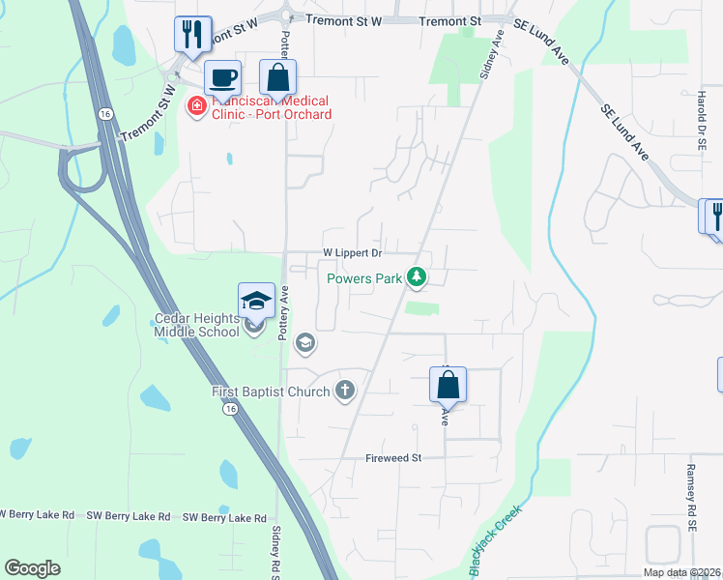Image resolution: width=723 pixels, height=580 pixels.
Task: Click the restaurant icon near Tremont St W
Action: [190, 34]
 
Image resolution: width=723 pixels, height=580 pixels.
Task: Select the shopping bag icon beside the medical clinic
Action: [277, 77]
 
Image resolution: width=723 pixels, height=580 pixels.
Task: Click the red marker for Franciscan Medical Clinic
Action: [196, 106]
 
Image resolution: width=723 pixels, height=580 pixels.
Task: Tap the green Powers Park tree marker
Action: [417, 278]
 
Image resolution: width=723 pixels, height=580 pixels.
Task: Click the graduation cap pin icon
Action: [257, 301]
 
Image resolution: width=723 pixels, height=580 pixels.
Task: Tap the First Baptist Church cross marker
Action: [344, 391]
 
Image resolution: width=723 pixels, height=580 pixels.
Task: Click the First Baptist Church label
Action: [271, 391]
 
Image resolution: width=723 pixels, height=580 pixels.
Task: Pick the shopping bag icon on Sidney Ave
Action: [448, 385]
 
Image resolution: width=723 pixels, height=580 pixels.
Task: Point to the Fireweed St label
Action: [394, 458]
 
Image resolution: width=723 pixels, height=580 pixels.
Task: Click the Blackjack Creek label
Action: [495, 541]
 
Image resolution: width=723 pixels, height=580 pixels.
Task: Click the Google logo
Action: [33, 567]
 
